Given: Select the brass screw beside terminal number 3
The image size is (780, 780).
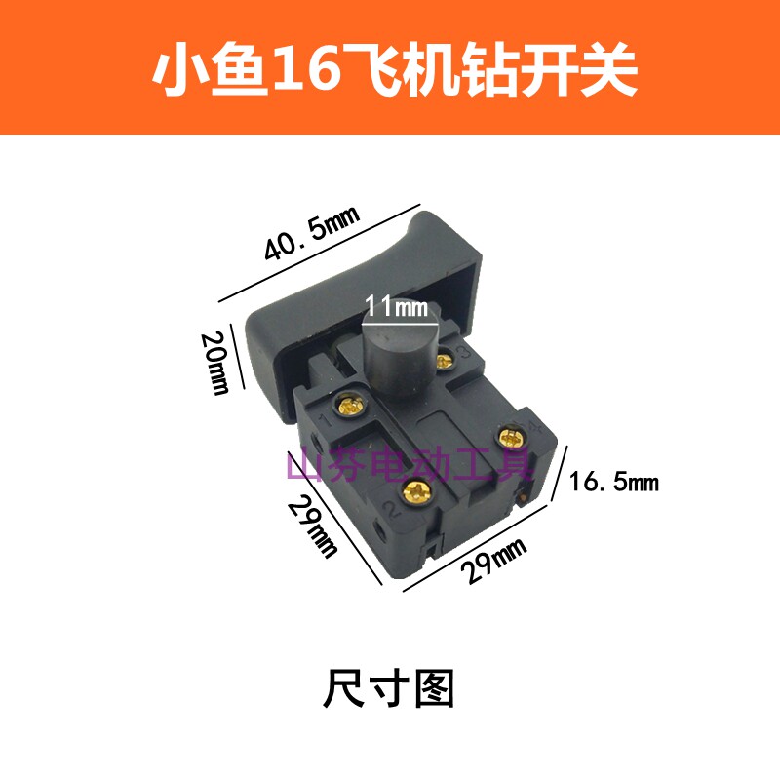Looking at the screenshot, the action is pos(446,362).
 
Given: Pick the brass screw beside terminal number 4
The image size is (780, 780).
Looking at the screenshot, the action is pos(510,435).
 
